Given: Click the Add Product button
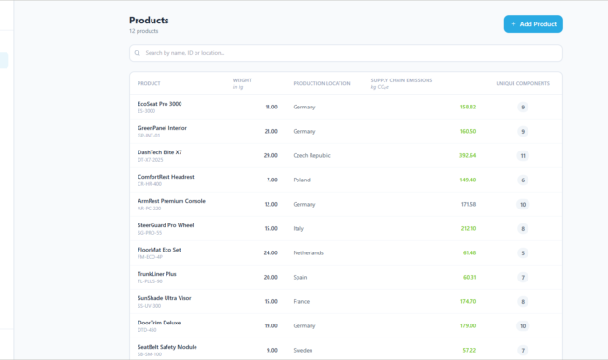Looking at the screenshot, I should coord(533,23).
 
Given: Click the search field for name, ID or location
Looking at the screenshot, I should coord(346,53).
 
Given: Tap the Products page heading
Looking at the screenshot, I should coord(149,20).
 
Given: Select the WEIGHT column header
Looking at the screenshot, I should coord(242,80).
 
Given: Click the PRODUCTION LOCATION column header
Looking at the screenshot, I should coord(321,83).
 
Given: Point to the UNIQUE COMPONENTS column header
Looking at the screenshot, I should coord(523,83).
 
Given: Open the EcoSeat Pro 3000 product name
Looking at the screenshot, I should coord(160,104).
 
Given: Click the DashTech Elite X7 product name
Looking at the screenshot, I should coord(160,152).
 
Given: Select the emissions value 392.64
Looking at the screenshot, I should coord(468,155).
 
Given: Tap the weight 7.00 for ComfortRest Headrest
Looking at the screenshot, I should coord(271,180).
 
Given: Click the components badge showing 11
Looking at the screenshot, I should coord(523,155).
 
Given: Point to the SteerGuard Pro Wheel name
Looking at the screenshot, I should coord(166,225).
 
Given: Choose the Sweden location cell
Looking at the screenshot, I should coord(304,350).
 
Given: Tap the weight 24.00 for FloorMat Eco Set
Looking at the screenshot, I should coord(269,252).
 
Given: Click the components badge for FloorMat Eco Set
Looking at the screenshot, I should coord(523,252).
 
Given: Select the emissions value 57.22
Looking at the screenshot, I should coord(469,350).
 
